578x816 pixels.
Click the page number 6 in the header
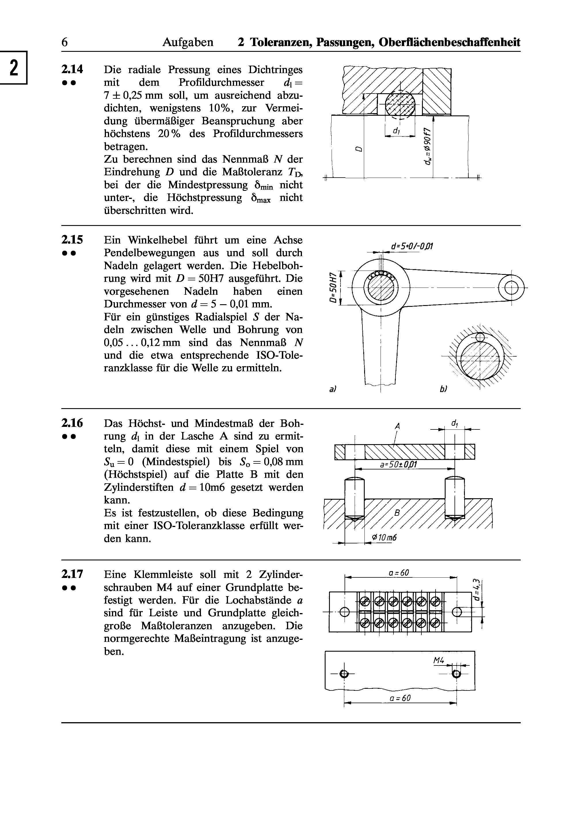pyautogui.click(x=64, y=43)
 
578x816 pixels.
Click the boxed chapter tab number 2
pyautogui.click(x=14, y=68)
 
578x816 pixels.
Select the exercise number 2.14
pyautogui.click(x=72, y=69)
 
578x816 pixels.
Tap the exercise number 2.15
pyautogui.click(x=72, y=240)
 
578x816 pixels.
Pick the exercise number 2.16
pyautogui.click(x=72, y=423)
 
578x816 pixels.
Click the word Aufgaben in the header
pyautogui.click(x=188, y=43)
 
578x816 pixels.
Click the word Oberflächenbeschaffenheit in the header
pyautogui.click(x=450, y=42)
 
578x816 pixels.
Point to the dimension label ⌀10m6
pyautogui.click(x=384, y=538)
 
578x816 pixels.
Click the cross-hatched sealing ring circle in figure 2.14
pyautogui.click(x=400, y=103)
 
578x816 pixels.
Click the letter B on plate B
pyautogui.click(x=398, y=513)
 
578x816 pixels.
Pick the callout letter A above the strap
pyautogui.click(x=398, y=426)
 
